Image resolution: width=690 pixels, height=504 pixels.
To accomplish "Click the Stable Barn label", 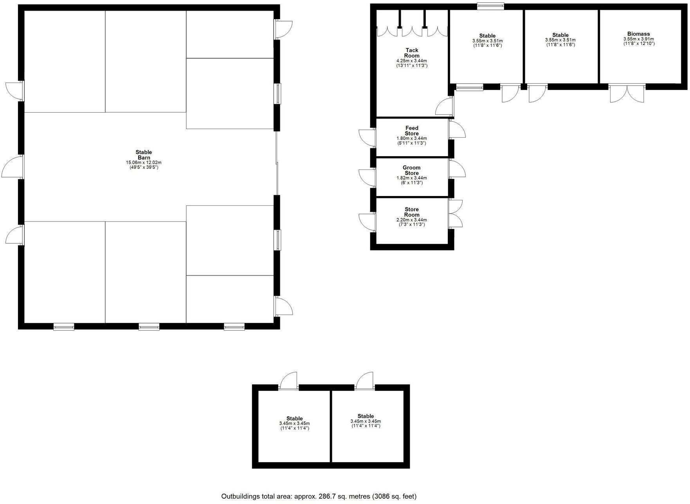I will coord(144,155).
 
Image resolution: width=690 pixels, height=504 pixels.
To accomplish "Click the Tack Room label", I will coord(412,53).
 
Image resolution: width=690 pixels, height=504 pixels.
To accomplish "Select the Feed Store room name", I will coord(412,131).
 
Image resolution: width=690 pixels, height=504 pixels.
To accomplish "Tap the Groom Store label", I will coord(411,170).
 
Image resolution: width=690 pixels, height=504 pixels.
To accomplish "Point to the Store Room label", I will coord(412,212).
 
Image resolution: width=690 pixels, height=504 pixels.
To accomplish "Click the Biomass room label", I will coord(638,34).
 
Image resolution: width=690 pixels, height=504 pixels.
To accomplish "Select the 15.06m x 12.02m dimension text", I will coord(144,162).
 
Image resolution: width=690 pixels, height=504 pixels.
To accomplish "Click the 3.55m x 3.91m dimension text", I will coord(639,39).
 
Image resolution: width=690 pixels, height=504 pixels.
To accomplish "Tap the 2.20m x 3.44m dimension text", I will coord(412,220).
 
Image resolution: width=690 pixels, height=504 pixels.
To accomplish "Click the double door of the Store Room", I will coord(456,214).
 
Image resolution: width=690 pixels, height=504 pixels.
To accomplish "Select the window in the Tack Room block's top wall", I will coord(490,6).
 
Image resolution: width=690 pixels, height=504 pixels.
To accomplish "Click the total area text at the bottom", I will coord(319,497).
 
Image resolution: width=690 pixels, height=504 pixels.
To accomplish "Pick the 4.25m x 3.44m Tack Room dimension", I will coord(412,61).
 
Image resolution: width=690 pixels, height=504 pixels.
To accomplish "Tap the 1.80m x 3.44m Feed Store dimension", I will coord(412,139).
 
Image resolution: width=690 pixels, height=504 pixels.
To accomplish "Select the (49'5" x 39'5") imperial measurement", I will coord(144,167).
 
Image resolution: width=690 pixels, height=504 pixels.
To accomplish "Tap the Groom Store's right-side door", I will coord(457,169).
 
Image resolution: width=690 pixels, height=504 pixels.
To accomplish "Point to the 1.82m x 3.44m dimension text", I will coord(412,178).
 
